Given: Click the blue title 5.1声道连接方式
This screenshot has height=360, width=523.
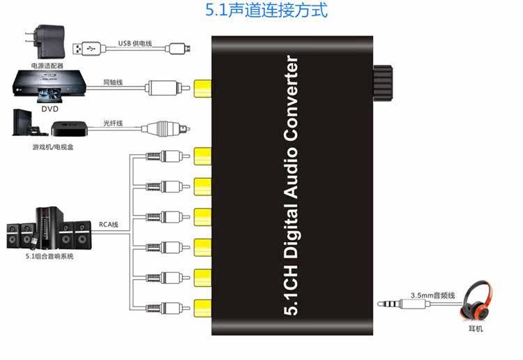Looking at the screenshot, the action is pos(266,10).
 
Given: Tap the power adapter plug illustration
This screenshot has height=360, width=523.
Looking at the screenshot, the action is pos(45,41).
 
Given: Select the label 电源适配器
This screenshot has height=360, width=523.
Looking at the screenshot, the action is pos(47,66).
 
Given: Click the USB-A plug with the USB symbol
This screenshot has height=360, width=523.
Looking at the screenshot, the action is pos(86,49).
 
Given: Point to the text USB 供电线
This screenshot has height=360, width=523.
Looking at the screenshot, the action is pos(135,43).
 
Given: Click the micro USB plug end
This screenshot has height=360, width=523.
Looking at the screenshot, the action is pos(180,49).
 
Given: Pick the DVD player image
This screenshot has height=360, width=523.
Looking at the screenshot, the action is pos(50,87).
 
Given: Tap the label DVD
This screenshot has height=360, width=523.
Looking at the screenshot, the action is pos(50,109).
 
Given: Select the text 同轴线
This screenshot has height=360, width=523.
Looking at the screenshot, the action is pos(113,82).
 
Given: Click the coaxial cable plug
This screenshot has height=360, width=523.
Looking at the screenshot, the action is pos(167,88).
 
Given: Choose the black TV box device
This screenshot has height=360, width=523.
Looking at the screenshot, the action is pos(69,128).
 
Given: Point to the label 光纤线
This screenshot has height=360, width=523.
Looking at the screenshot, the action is pos(113,123).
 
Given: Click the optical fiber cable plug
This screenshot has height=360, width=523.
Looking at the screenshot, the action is pos(166,129).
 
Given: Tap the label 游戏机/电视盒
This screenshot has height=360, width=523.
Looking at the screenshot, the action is pos(53,147).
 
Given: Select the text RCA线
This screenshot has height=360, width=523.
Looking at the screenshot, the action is pos(108,224).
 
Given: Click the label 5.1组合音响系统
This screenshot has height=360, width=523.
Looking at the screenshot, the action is pos(50,256).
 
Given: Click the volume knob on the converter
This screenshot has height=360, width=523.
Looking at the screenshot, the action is pos(383,83).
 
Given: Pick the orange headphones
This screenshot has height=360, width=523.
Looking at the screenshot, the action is pos(475,300).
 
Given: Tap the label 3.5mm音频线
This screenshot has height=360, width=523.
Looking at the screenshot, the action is pos(432,295).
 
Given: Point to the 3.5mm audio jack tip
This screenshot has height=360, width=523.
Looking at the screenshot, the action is pos(379,304).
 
